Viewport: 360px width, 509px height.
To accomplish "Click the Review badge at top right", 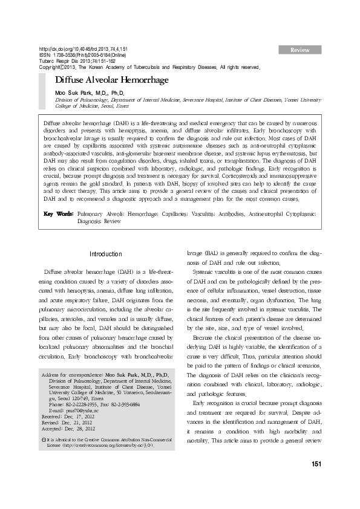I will (300, 48).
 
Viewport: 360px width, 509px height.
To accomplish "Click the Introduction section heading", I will (106, 254).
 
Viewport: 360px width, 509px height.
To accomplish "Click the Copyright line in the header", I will (149, 67).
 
